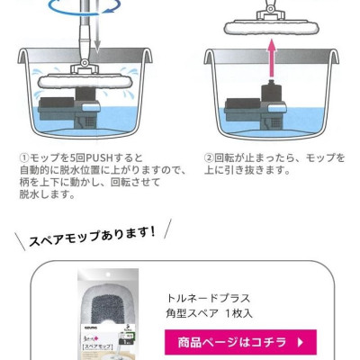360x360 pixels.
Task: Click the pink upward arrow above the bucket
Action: coord(272,58)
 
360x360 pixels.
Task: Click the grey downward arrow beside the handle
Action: coord(97,39)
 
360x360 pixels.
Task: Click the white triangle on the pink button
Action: coord(301,342)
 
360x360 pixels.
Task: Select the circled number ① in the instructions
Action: coord(24,157)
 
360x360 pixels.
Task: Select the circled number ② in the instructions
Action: coord(209,157)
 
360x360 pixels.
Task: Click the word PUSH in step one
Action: coord(97,157)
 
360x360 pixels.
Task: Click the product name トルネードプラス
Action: coord(208,298)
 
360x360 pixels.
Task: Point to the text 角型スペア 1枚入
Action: coord(210,314)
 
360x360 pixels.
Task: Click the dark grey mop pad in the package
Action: coord(108,304)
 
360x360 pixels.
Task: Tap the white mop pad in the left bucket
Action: coord(85,82)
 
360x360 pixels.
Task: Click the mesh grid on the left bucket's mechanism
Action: coord(91,121)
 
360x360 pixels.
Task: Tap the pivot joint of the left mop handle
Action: coord(85,63)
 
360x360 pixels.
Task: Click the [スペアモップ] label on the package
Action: coord(97,347)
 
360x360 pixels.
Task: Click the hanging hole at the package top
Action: coord(108,274)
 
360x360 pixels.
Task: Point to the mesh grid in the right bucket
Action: coord(276,121)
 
